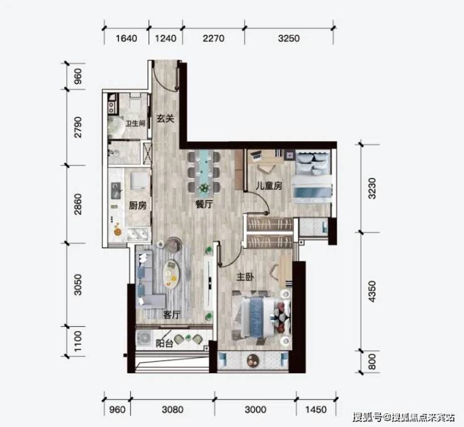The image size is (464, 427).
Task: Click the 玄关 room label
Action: [x=165, y=119]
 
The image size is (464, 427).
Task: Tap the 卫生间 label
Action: [x=135, y=124]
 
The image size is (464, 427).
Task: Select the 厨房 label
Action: [x=137, y=206]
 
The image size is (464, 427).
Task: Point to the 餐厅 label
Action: [x=204, y=204]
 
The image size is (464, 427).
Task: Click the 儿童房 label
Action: [x=269, y=186]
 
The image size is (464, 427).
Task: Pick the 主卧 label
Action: [x=245, y=277]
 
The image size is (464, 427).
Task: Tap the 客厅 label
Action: [x=171, y=315]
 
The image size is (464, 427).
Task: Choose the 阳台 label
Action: [x=164, y=343]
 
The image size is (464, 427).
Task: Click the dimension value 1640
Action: [x=127, y=38]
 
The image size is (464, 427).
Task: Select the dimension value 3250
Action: [x=289, y=38]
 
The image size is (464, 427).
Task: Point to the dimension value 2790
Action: [x=78, y=127]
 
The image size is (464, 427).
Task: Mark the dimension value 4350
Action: [x=372, y=292]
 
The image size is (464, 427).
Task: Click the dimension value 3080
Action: [x=173, y=410]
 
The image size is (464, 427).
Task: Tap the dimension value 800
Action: [x=372, y=362]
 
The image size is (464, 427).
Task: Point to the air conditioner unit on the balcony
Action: [x=144, y=338]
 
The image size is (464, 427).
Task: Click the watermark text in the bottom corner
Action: [x=404, y=417]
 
